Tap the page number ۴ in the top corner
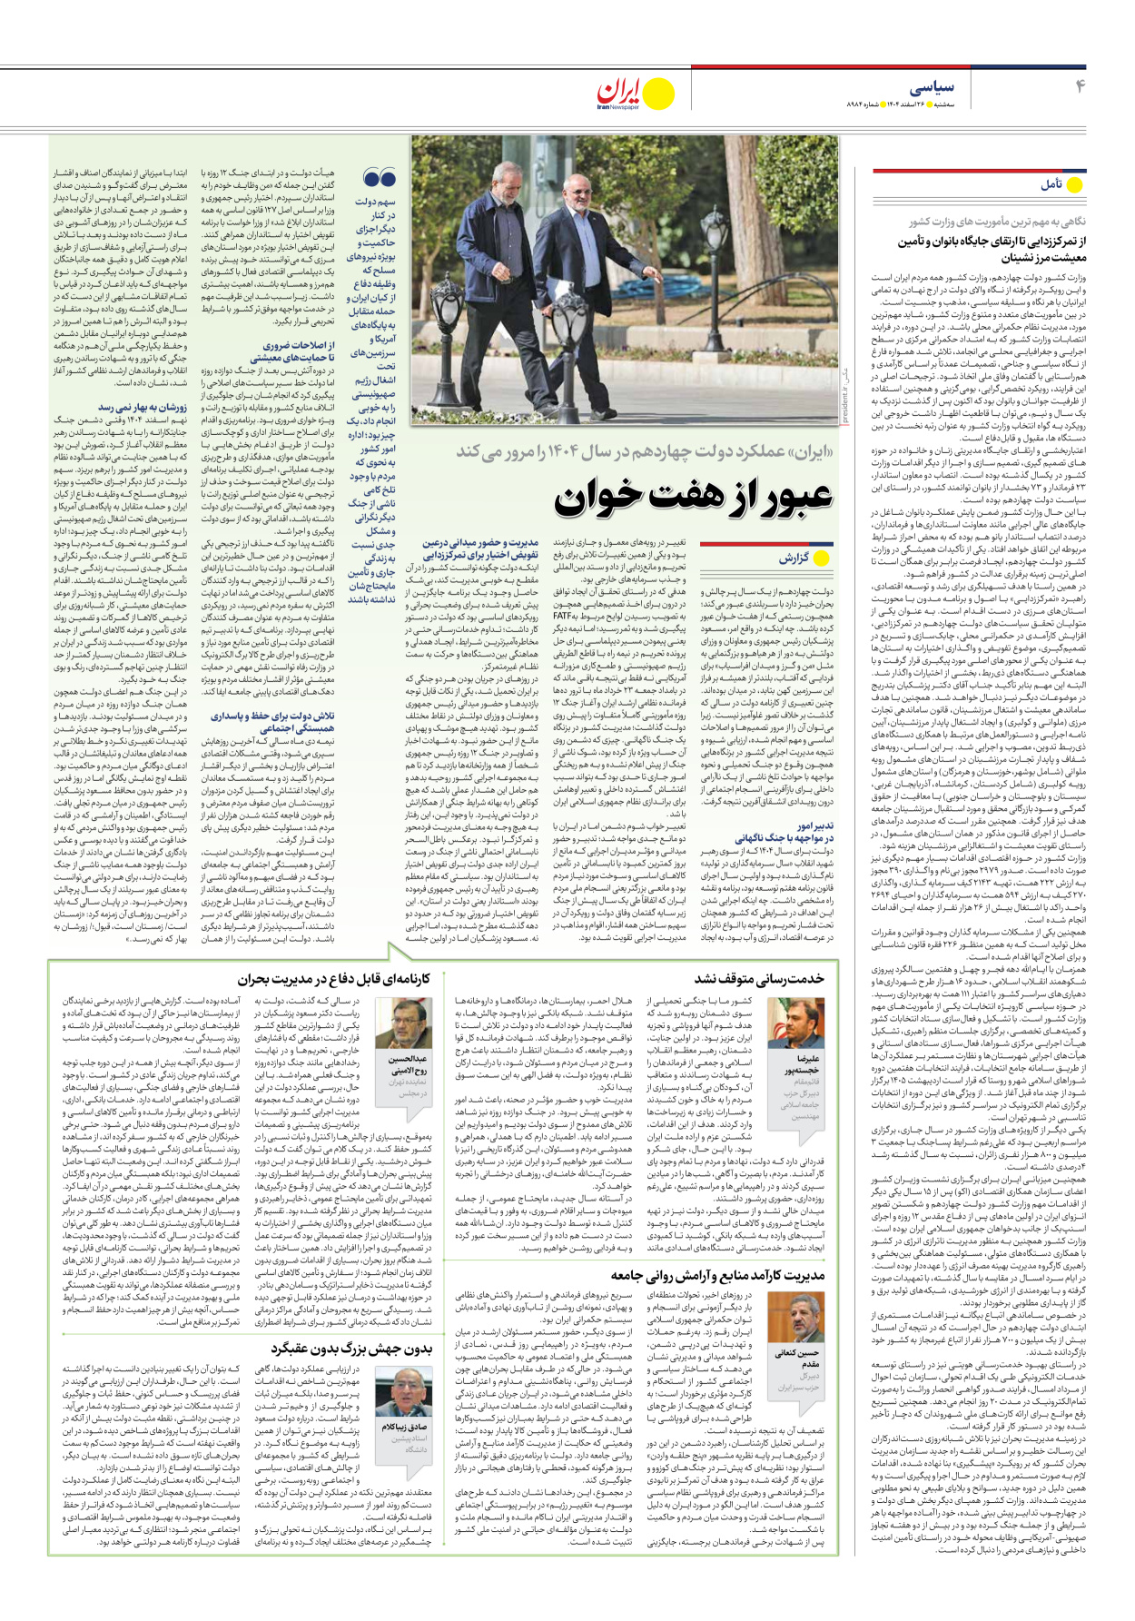[x=1081, y=87]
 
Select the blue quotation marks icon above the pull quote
[x=380, y=178]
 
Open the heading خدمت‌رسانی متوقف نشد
[x=759, y=978]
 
